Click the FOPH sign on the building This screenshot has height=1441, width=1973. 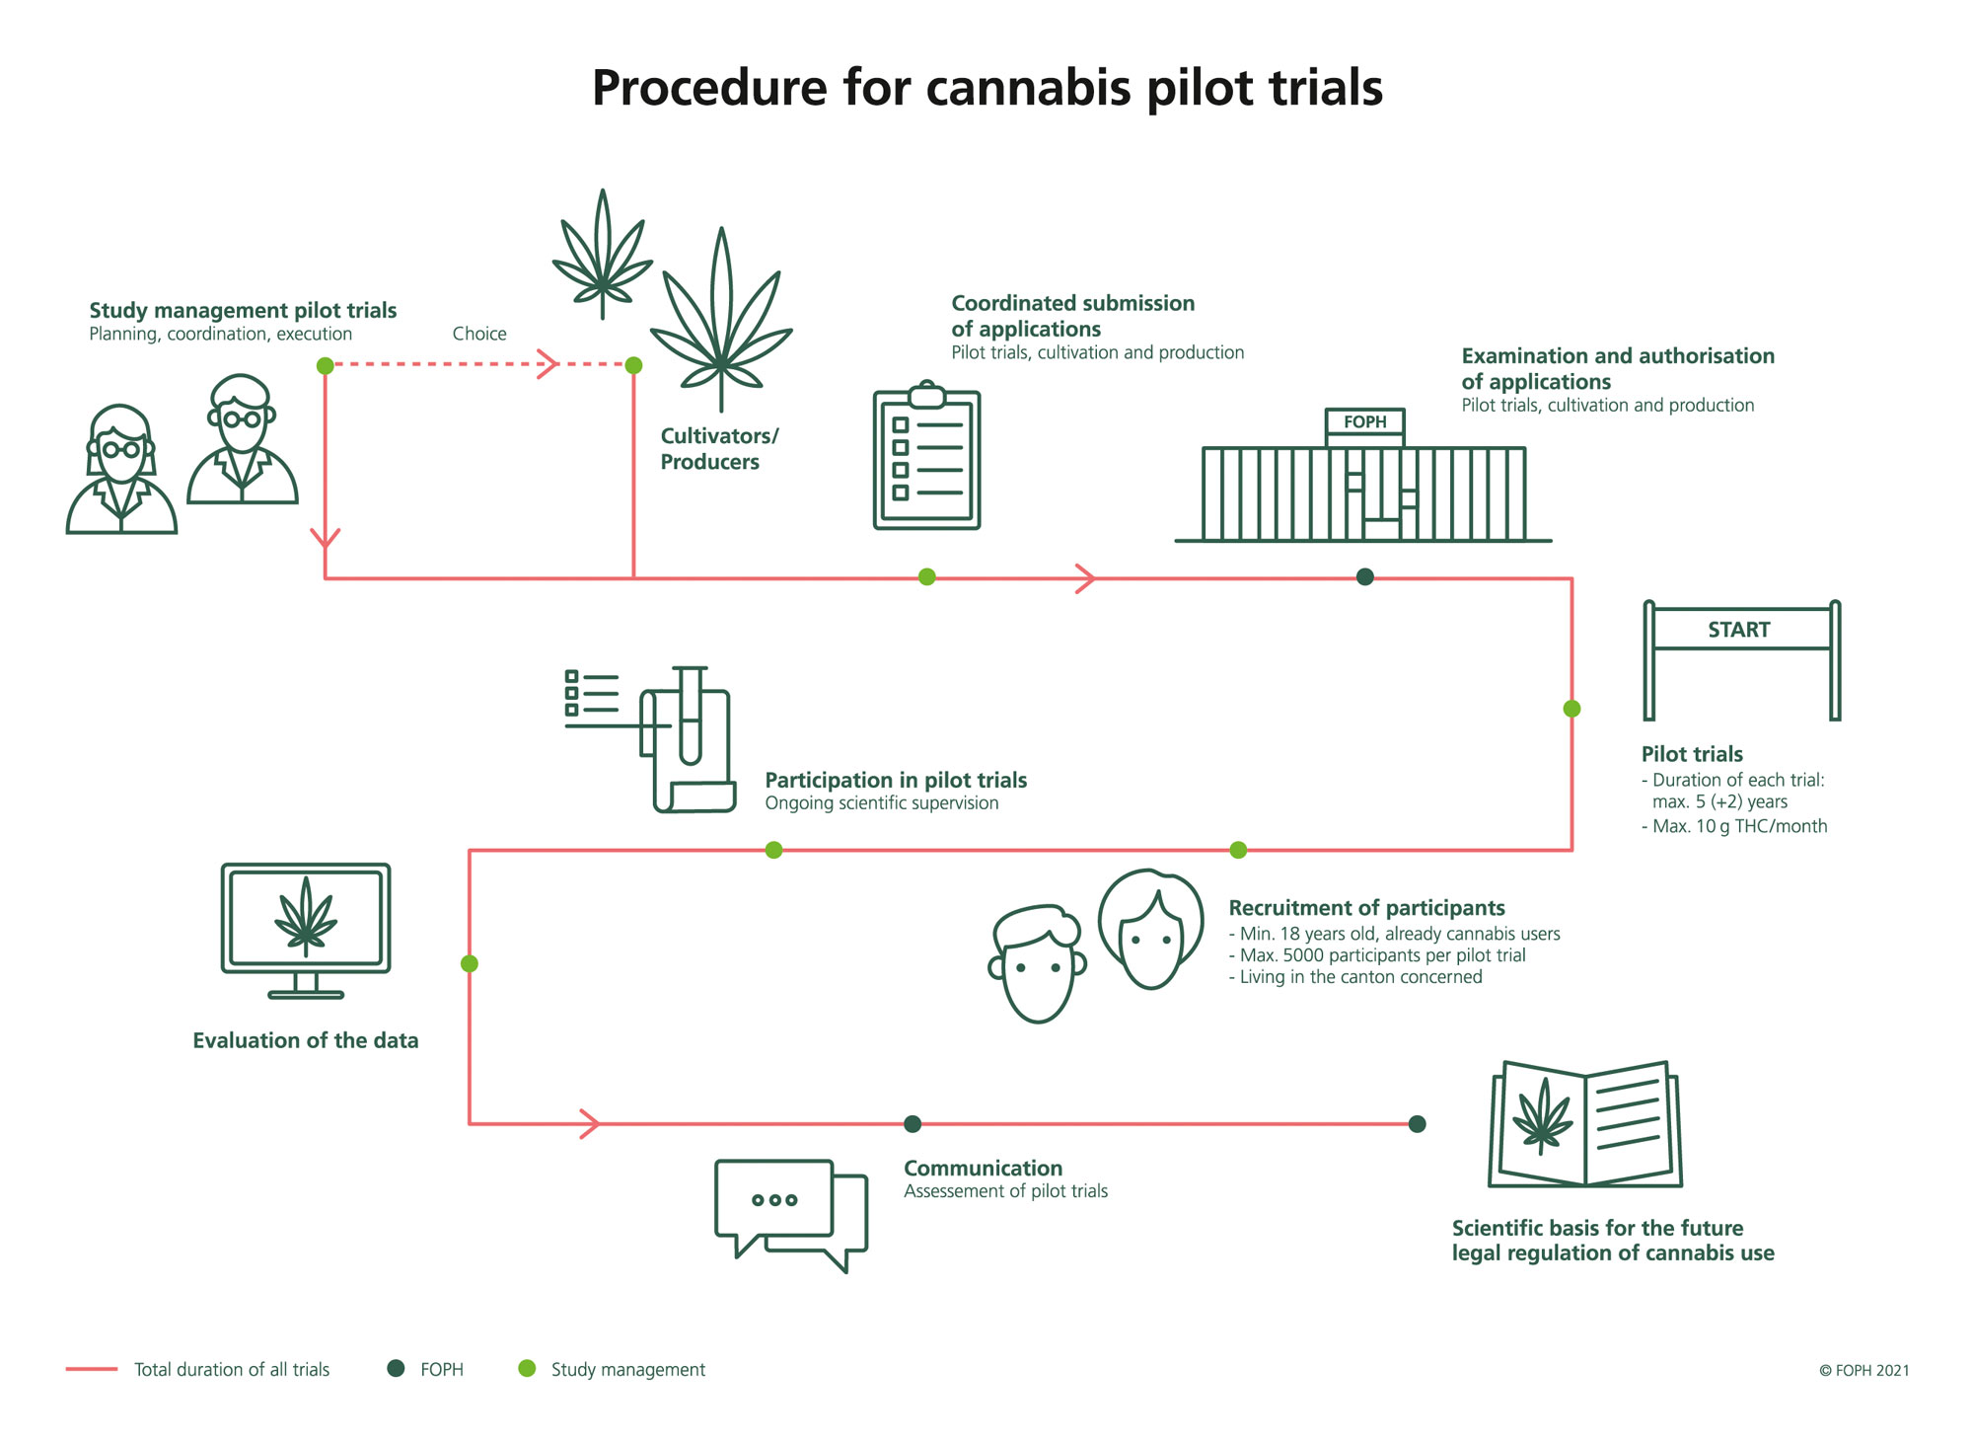pos(1364,422)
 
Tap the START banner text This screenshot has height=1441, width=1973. pos(1738,630)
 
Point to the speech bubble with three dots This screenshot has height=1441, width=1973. pos(774,1199)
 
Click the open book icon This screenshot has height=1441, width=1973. pos(1585,1125)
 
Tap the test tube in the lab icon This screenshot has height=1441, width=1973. pos(690,717)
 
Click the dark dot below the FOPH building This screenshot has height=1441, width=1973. pos(1364,577)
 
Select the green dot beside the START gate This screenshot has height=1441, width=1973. pos(1571,709)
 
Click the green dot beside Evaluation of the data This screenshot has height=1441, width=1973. pos(470,963)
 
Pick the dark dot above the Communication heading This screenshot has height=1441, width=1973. pos(913,1124)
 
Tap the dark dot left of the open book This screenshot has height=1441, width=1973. pos(1417,1124)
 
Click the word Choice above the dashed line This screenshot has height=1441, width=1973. pos(479,334)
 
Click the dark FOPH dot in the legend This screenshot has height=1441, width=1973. pos(396,1368)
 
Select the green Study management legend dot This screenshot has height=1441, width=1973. pos(527,1368)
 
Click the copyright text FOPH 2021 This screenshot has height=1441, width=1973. pos(1863,1370)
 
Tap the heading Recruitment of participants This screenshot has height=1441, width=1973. pos(1366,908)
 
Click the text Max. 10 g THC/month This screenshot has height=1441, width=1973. pos(1738,826)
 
